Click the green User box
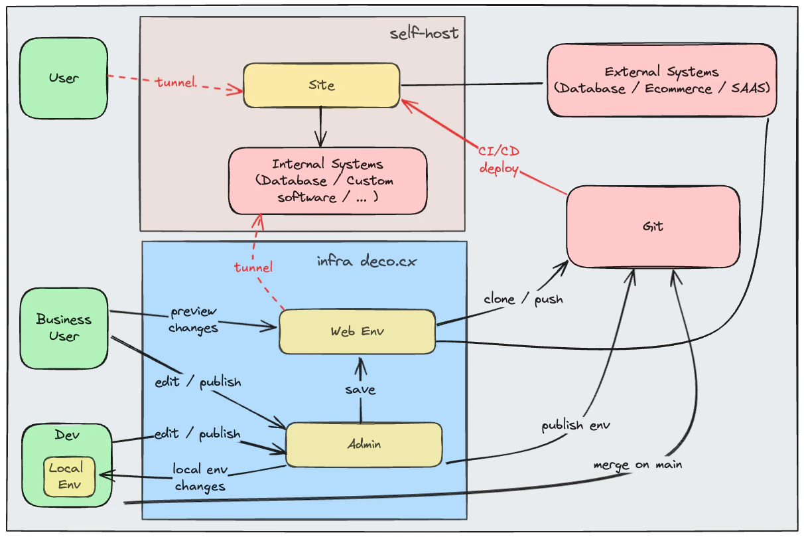[x=64, y=78]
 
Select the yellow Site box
[x=321, y=86]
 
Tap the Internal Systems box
[x=327, y=181]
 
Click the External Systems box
[x=661, y=80]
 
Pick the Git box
[x=653, y=226]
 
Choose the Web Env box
[x=357, y=331]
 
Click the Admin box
[x=364, y=444]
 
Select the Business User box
[x=64, y=328]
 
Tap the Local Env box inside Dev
[x=70, y=476]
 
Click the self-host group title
[x=424, y=33]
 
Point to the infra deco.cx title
[x=367, y=261]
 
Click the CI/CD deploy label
[x=498, y=159]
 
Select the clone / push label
[x=523, y=299]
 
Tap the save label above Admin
[x=360, y=390]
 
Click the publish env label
[x=575, y=425]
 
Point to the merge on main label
[x=637, y=464]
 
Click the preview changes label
[x=193, y=319]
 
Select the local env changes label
[x=200, y=477]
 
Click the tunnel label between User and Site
[x=176, y=82]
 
